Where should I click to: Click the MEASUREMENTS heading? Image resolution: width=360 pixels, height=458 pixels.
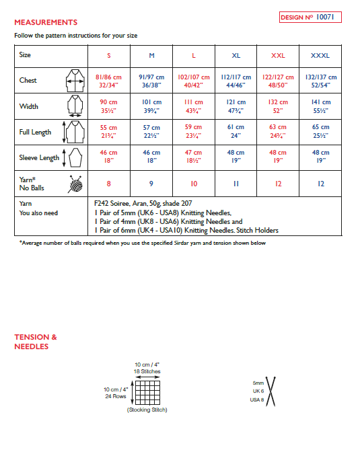pos(46,22)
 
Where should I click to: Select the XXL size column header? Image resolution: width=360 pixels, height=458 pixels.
pos(277,54)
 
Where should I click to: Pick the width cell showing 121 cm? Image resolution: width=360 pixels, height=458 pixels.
pos(236,107)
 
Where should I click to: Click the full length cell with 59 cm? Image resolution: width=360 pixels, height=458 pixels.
pos(194,132)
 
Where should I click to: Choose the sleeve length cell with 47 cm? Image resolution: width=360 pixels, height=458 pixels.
pos(194,157)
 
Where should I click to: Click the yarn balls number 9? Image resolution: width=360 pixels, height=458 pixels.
pos(151,183)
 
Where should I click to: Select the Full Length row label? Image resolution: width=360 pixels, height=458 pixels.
pos(35,132)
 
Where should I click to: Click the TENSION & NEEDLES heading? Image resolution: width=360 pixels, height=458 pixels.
pos(36,342)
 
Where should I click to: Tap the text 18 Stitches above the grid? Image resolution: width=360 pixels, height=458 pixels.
pos(147,371)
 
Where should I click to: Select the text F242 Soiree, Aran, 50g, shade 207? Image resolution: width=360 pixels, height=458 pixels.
pos(144,201)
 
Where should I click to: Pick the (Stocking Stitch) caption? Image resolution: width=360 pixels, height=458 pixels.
pos(147,410)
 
